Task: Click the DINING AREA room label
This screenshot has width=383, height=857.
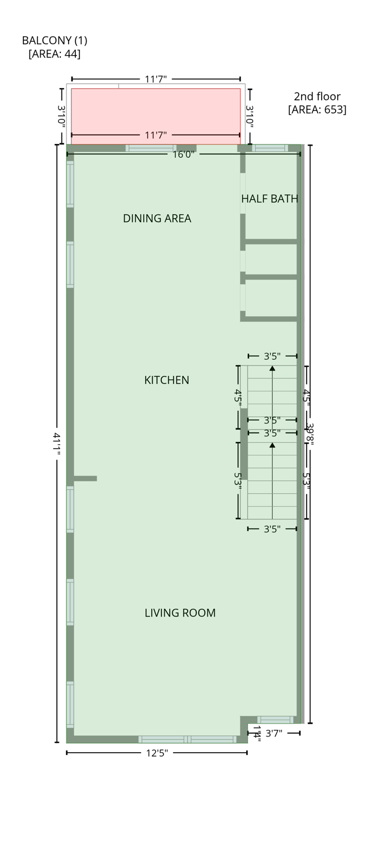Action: [x=157, y=219]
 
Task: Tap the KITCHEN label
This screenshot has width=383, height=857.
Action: [x=166, y=380]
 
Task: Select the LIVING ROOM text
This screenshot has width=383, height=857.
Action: [x=180, y=613]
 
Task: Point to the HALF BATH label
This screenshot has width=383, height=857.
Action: [x=269, y=199]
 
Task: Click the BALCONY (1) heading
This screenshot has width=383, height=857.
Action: [x=55, y=41]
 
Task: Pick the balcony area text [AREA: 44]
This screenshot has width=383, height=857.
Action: [x=55, y=54]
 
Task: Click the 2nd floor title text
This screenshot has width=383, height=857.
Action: [x=317, y=97]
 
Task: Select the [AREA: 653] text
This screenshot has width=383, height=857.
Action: [x=317, y=109]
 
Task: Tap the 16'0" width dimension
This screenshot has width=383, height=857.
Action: [x=183, y=155]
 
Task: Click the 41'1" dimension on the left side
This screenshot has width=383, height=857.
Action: [x=56, y=444]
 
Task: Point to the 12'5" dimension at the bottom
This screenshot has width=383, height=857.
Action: [x=157, y=753]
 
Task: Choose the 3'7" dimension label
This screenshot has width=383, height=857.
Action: [x=274, y=733]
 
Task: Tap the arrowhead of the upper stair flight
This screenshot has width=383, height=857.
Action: [x=272, y=368]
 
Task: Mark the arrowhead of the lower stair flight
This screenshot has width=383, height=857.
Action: [x=272, y=445]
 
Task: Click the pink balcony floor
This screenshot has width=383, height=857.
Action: [x=156, y=112]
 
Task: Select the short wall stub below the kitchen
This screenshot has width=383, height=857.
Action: [x=85, y=478]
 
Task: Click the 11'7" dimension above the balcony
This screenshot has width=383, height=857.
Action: [x=156, y=79]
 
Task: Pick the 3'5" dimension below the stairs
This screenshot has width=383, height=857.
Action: [x=272, y=529]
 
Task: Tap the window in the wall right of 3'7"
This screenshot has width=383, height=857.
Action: [x=275, y=720]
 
